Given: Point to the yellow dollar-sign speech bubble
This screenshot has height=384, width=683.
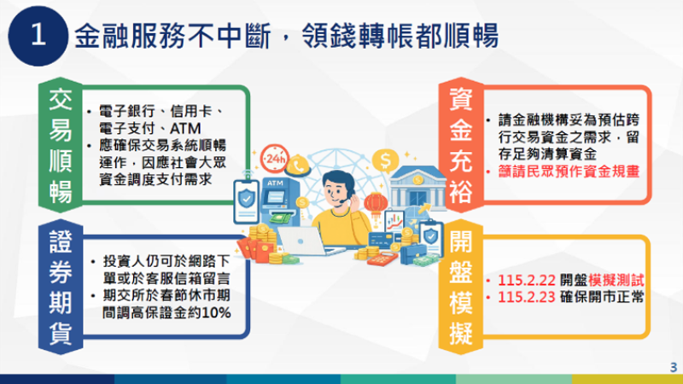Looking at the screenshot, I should pyautogui.click(x=387, y=159).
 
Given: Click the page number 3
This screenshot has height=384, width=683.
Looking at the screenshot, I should pyautogui.click(x=673, y=367).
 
